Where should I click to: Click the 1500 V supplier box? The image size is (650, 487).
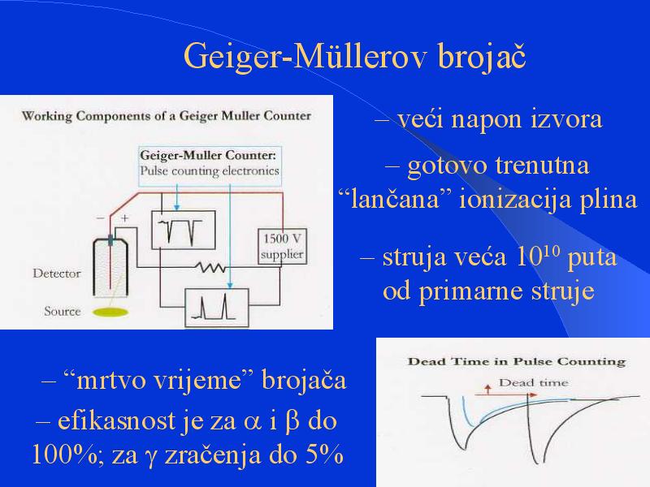(x=282, y=247)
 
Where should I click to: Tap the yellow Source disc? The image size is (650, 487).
(x=110, y=312)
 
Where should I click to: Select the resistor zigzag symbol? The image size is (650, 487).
(x=211, y=268)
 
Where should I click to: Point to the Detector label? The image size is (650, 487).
(x=57, y=274)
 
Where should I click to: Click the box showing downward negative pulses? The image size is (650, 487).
(x=184, y=231)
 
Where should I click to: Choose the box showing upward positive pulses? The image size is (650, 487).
(x=216, y=308)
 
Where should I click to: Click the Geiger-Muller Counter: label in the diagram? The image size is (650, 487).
(x=208, y=155)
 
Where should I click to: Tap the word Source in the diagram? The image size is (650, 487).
(x=63, y=311)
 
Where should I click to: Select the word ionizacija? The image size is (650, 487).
(x=515, y=199)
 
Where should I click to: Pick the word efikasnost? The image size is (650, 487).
(x=116, y=420)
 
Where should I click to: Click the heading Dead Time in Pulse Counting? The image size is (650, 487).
(x=517, y=361)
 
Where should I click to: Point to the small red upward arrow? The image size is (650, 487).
(x=488, y=389)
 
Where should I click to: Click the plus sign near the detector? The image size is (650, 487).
(x=124, y=218)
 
